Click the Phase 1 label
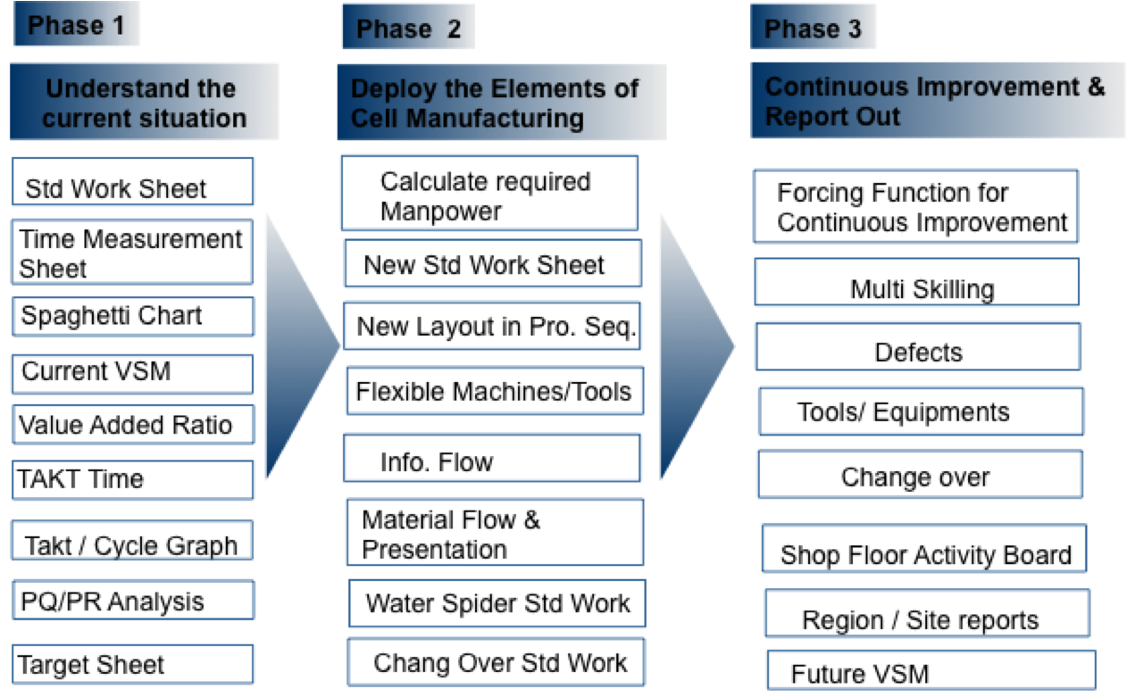pyautogui.click(x=77, y=26)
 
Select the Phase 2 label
pyautogui.click(x=409, y=29)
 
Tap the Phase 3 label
pyautogui.click(x=813, y=29)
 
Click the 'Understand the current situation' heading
pyautogui.click(x=144, y=103)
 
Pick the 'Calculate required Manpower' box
pyautogui.click(x=489, y=195)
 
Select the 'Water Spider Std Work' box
pyautogui.click(x=497, y=603)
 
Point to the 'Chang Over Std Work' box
pyautogui.click(x=497, y=663)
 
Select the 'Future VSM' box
pyautogui.click(x=931, y=672)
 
